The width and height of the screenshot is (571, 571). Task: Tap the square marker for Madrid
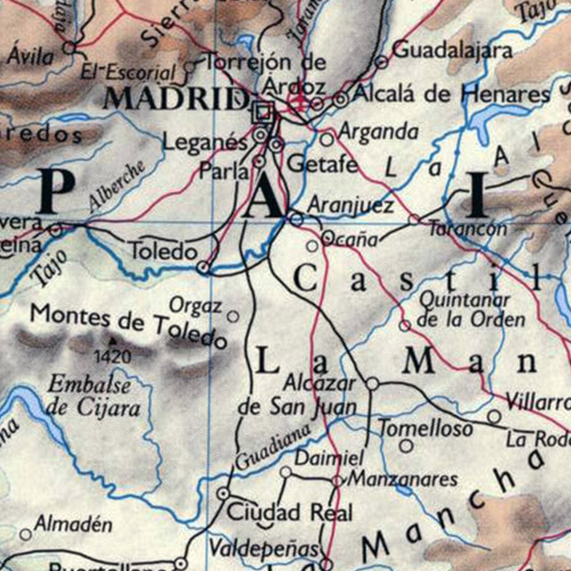(x=263, y=111)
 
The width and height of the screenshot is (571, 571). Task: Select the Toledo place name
(x=163, y=251)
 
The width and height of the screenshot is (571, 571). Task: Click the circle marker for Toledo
(x=203, y=266)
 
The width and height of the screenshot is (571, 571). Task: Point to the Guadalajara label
(x=452, y=50)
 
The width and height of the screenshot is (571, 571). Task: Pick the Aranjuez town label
(x=350, y=205)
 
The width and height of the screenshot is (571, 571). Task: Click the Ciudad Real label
(x=290, y=512)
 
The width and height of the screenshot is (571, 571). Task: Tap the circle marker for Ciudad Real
(x=224, y=493)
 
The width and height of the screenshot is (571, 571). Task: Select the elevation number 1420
(x=112, y=357)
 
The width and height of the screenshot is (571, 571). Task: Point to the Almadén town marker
(x=25, y=534)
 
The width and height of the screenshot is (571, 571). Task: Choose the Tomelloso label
(x=426, y=428)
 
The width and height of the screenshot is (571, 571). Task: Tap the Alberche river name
(x=117, y=187)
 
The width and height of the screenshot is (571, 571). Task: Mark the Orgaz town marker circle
(x=233, y=316)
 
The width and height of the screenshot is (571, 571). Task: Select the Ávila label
(x=31, y=57)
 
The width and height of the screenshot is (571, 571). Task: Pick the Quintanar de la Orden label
(x=471, y=310)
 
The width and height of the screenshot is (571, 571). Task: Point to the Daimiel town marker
(x=285, y=472)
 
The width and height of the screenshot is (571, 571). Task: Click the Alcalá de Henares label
(x=451, y=94)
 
